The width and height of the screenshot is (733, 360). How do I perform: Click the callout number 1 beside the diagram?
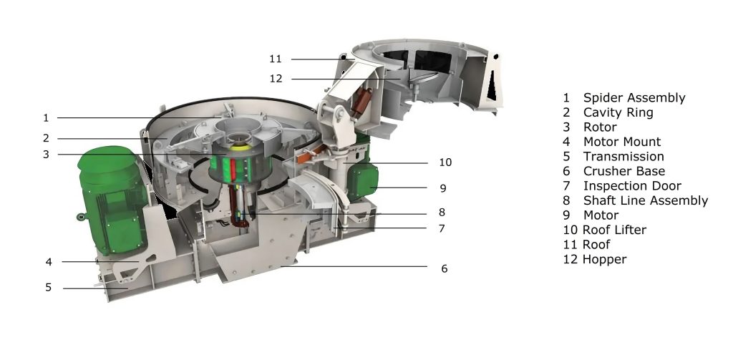[x=46, y=117]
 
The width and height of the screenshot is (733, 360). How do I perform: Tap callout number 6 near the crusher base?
[x=445, y=268]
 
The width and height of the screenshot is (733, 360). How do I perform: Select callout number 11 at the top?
[x=276, y=59]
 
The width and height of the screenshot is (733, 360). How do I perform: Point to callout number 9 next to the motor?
[x=443, y=188]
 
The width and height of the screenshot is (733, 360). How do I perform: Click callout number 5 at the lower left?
[x=49, y=288]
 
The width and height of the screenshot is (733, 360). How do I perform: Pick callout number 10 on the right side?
[x=445, y=162]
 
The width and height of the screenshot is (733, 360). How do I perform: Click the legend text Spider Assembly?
[x=634, y=98]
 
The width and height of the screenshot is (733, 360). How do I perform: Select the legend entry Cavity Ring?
[x=618, y=112]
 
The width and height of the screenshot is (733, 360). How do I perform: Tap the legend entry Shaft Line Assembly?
[x=645, y=200]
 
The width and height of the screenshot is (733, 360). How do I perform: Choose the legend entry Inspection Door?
[x=632, y=186]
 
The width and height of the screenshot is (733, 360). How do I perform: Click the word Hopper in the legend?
[x=604, y=259]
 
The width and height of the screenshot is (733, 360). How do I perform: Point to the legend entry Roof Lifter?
[x=614, y=230]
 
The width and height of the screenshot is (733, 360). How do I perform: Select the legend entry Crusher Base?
[x=623, y=171]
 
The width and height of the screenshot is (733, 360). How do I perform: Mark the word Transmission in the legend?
[x=623, y=156]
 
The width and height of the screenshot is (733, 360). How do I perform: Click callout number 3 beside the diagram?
[x=46, y=153]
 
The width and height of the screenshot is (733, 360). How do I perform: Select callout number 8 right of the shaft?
[x=442, y=212]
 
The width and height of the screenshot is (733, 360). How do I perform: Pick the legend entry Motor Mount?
[x=621, y=142]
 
